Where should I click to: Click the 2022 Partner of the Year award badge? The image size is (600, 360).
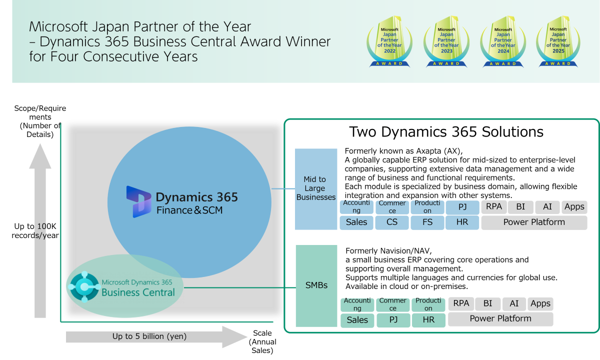tap(390, 41)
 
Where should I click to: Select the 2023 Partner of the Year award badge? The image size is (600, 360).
tap(446, 41)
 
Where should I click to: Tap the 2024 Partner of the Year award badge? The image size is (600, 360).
tap(503, 41)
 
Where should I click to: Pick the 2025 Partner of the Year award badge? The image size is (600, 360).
tap(558, 41)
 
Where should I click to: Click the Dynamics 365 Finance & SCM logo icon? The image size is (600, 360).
tap(138, 202)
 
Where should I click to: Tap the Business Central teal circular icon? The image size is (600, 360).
tap(84, 286)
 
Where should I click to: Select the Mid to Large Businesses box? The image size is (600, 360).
tap(316, 189)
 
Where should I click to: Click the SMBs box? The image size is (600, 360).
tap(316, 285)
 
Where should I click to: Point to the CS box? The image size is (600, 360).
tap(392, 222)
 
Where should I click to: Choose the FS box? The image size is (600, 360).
tap(427, 222)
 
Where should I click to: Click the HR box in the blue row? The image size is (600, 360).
tap(462, 222)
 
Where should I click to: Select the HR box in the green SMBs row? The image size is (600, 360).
tap(428, 320)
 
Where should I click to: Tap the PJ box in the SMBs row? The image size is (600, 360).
tap(393, 320)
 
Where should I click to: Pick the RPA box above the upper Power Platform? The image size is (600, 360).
tap(493, 207)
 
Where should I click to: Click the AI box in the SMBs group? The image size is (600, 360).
tap(514, 304)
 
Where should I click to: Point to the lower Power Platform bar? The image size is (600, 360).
tap(500, 319)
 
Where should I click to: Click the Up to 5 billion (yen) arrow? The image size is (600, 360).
tap(156, 337)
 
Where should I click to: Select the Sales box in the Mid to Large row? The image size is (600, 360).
tap(356, 222)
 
